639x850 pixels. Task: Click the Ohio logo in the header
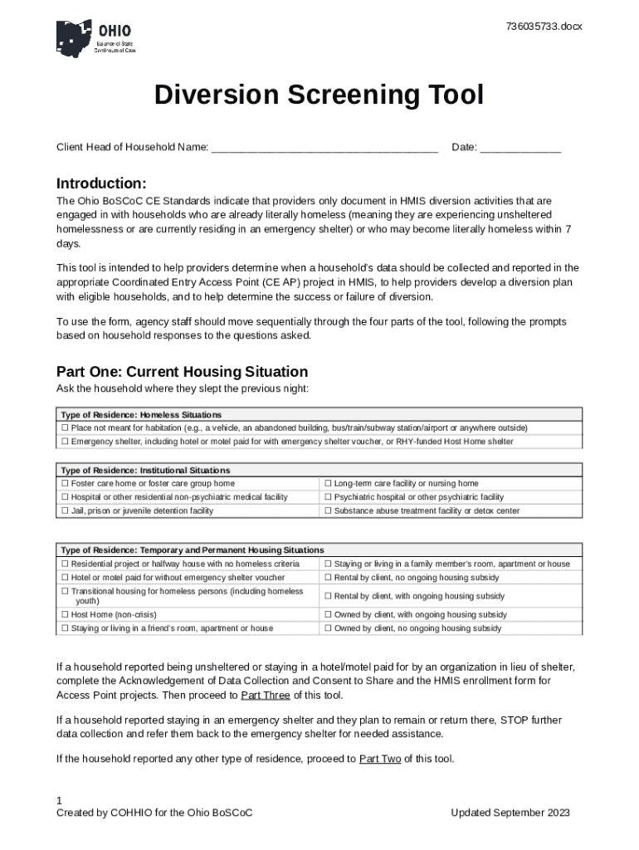95,38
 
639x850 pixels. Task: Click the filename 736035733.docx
544,27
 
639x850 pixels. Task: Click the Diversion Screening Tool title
319,96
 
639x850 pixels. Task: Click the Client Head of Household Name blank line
324,148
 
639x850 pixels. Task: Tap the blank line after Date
520,148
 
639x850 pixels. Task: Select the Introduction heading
101,183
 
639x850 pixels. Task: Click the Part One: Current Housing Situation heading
182,372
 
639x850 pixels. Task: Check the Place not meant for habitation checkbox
65,428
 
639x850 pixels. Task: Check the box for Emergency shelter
65,442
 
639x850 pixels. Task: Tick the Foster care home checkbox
65,483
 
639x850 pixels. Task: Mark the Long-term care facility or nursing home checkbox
328,483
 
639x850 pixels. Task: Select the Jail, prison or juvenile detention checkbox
65,510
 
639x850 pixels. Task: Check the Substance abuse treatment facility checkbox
328,510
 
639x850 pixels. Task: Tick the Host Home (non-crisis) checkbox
65,614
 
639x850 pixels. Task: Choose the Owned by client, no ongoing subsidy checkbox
328,628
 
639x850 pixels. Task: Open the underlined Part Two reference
380,759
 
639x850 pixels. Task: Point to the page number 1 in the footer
59,800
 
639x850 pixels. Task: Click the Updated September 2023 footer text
510,813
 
